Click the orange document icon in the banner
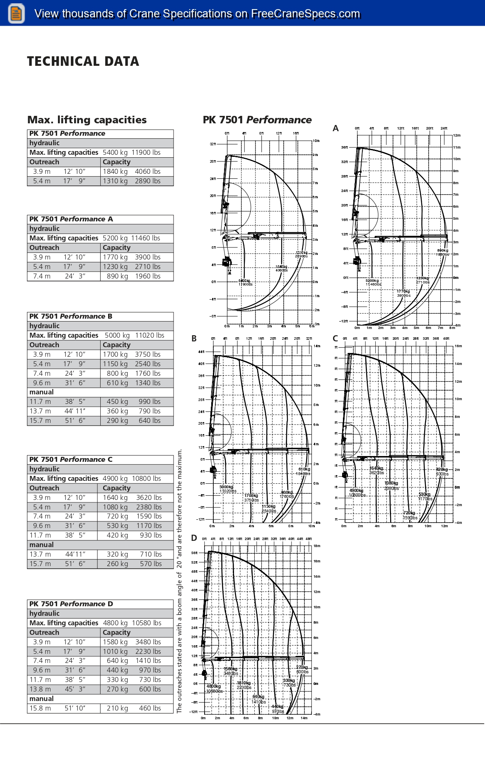coord(16,13)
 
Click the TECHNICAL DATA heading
coord(83,62)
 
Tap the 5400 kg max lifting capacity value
coord(115,153)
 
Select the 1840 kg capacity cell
coord(115,172)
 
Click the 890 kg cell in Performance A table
coord(117,276)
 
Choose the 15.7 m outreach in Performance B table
coord(40,421)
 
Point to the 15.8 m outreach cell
coord(40,708)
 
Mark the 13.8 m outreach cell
coord(40,689)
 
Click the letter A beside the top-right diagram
coord(336,129)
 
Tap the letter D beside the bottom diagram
coord(194,538)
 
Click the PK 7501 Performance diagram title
coord(257,120)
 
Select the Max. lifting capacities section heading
coord(87,120)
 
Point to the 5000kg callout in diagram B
coord(226,487)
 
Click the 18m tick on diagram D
coord(317,546)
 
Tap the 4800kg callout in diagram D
coord(214,687)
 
